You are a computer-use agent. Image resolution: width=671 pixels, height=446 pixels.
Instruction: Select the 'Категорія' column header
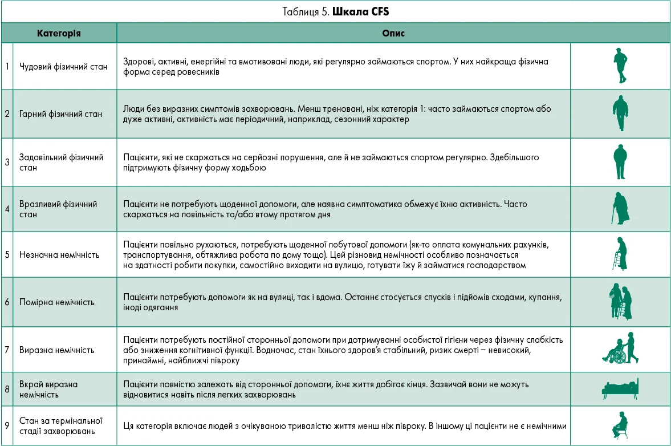(59, 33)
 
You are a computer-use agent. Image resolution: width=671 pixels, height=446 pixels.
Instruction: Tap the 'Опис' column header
(393, 33)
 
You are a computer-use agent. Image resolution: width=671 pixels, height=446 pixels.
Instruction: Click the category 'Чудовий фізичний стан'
(63, 66)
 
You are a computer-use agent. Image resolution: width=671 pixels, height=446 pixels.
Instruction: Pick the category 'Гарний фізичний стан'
(61, 113)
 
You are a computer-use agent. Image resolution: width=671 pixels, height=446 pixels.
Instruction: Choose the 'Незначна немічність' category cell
(59, 254)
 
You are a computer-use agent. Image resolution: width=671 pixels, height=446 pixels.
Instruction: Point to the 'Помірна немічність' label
(57, 302)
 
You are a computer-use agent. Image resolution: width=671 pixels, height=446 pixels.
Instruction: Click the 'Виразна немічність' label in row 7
(57, 350)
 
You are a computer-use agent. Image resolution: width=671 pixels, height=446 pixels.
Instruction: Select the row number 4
(7, 209)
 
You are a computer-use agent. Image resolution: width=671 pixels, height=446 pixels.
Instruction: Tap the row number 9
(7, 425)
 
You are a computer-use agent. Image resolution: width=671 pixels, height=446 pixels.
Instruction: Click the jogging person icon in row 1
(620, 66)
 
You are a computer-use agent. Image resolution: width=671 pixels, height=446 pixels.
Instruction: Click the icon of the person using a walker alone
(621, 254)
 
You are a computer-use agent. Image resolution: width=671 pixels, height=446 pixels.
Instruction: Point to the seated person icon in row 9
(620, 425)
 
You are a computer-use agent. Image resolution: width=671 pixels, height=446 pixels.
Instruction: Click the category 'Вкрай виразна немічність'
(48, 389)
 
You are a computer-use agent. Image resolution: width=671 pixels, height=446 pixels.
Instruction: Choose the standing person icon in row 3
(620, 161)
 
